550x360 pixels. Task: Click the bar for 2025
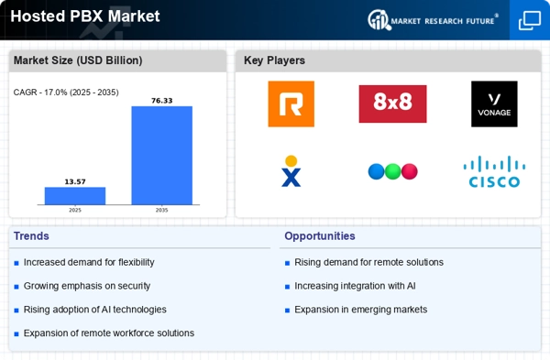pos(75,196)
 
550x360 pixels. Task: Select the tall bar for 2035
pos(161,156)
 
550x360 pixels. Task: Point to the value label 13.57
pos(75,181)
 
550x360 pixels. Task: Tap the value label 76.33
pos(161,101)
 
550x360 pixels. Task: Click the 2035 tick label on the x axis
pos(161,210)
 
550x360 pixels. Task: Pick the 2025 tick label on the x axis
pos(75,210)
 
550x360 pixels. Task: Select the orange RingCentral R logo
pos(291,104)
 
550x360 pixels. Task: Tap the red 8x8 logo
pos(392,104)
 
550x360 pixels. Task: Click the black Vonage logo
pos(494,104)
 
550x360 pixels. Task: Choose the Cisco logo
pos(494,171)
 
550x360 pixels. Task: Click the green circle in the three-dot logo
pos(392,172)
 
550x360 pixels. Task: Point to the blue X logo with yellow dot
pos(291,171)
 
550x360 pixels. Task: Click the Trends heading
pos(31,236)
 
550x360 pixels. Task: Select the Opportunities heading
pos(320,236)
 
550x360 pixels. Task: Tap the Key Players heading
pos(274,60)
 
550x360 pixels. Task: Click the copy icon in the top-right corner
pos(530,20)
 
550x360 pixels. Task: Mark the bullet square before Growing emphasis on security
pos(16,287)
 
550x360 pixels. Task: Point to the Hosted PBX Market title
pos(85,16)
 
